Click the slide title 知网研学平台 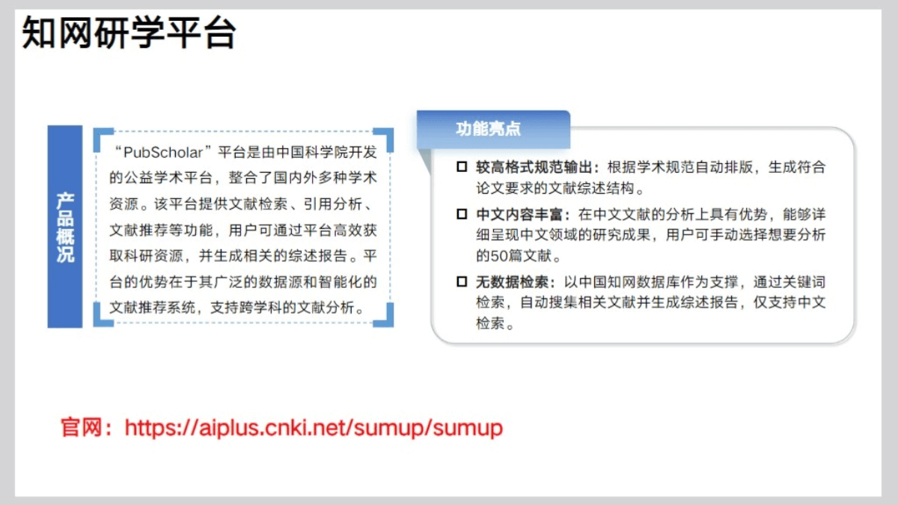pyautogui.click(x=129, y=32)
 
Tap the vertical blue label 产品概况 pyautogui.click(x=65, y=227)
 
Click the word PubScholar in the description pyautogui.click(x=163, y=153)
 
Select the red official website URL pyautogui.click(x=314, y=428)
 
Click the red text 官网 pyautogui.click(x=81, y=428)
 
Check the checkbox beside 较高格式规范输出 pyautogui.click(x=462, y=167)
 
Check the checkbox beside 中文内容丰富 pyautogui.click(x=462, y=214)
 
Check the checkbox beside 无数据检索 pyautogui.click(x=462, y=282)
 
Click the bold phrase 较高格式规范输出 pyautogui.click(x=534, y=167)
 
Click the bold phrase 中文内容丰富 pyautogui.click(x=519, y=215)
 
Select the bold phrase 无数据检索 pyautogui.click(x=513, y=282)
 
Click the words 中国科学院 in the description pyautogui.click(x=313, y=153)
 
